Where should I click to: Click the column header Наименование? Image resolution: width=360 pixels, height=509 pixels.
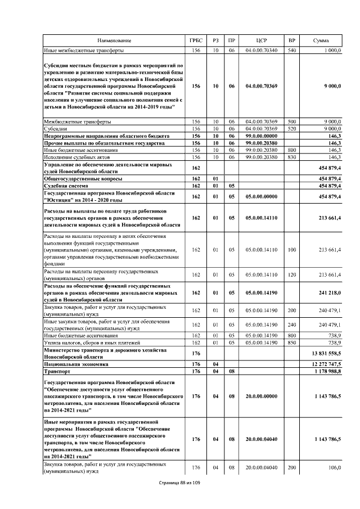(x=114, y=41)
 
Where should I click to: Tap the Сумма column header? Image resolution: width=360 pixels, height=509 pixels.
(x=321, y=41)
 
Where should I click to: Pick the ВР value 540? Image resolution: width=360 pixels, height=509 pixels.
(x=291, y=51)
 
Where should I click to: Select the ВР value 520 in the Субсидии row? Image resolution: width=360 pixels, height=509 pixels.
(x=291, y=128)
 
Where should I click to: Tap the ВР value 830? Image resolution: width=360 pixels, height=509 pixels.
(x=291, y=157)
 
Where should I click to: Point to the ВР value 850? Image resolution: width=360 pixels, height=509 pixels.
(x=291, y=342)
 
